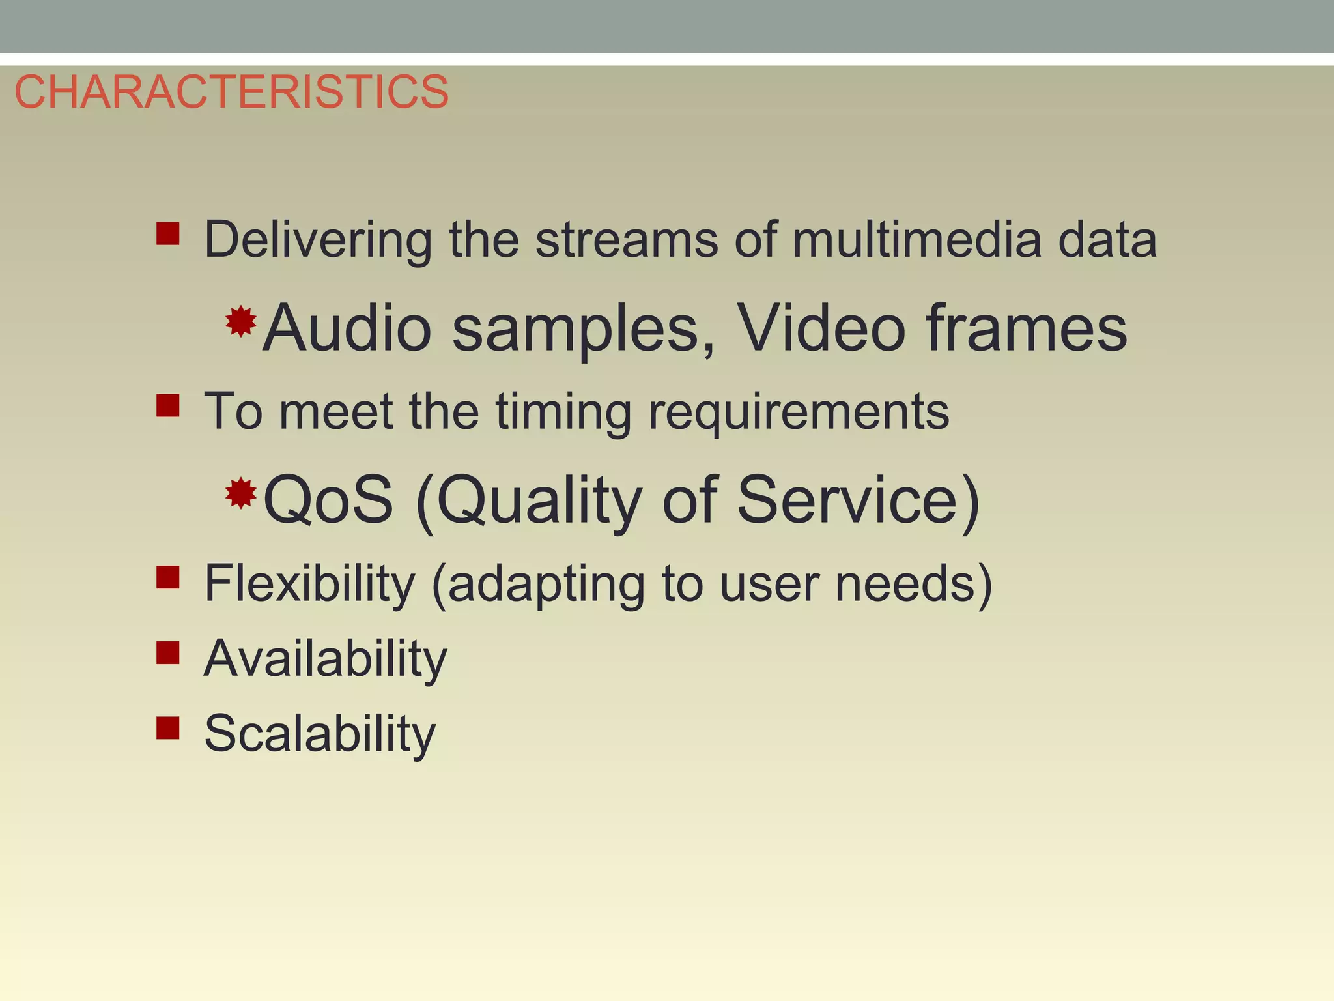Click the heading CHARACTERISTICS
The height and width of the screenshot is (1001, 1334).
[x=231, y=92]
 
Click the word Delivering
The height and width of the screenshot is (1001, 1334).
[x=318, y=240]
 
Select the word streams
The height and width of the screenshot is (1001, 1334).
[x=626, y=240]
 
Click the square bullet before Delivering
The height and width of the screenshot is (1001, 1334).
[x=168, y=233]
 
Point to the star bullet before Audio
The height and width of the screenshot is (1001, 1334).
[x=240, y=321]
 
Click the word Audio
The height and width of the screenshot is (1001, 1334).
[x=347, y=328]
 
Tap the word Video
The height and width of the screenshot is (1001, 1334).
[x=821, y=328]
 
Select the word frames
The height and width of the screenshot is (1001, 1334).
[x=1026, y=328]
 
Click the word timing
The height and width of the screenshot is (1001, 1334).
[x=563, y=412]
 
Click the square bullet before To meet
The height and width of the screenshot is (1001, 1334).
[x=168, y=405]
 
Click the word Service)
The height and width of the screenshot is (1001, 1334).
[x=858, y=500]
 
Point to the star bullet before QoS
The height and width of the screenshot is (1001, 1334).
[x=240, y=493]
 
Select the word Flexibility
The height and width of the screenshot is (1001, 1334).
[x=309, y=583]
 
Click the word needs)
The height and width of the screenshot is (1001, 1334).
[x=913, y=583]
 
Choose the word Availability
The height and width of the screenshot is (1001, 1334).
[x=326, y=659]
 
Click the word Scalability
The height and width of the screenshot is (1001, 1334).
[x=320, y=734]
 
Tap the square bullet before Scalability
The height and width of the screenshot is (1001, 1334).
[x=168, y=727]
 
